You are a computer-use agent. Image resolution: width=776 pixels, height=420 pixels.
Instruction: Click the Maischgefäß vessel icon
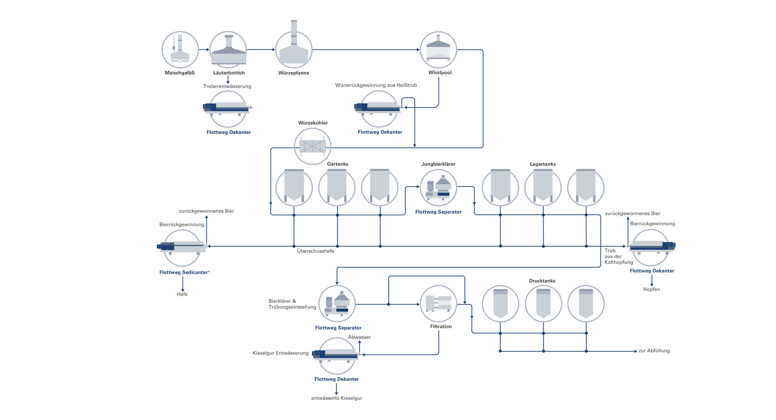tap(180, 50)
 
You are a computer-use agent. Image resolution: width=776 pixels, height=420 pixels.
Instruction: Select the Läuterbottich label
tap(229, 73)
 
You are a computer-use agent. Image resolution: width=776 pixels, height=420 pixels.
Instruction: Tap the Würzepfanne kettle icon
tap(294, 50)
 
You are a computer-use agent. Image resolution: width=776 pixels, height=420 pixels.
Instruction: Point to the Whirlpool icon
tap(438, 50)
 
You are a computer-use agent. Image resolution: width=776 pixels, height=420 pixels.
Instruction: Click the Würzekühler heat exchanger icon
tap(313, 146)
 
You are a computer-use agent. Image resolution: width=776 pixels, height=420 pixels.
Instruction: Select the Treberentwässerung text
tap(227, 86)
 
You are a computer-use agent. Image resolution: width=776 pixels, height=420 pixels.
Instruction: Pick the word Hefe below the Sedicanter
tap(182, 294)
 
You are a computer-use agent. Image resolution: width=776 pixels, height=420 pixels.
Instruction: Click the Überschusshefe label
tap(315, 251)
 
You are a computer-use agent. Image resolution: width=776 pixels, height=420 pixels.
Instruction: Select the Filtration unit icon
tap(438, 304)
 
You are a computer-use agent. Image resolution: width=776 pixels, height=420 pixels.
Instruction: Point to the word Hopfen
tap(651, 289)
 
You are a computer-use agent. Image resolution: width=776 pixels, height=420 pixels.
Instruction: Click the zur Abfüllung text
tap(654, 351)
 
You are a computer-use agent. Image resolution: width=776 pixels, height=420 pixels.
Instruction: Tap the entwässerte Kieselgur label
tap(336, 398)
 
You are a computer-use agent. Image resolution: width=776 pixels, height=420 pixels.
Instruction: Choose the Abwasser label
tap(359, 337)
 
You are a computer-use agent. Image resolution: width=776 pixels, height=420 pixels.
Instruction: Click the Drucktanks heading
tap(542, 281)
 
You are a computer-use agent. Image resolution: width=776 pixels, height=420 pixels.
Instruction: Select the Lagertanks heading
tap(543, 164)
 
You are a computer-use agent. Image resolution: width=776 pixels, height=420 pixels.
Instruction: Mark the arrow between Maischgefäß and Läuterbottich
tap(204, 50)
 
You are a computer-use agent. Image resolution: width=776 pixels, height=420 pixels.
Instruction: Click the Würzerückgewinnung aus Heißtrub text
tap(376, 85)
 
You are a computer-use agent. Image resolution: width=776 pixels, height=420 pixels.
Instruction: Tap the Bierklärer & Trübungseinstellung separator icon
tap(337, 304)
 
